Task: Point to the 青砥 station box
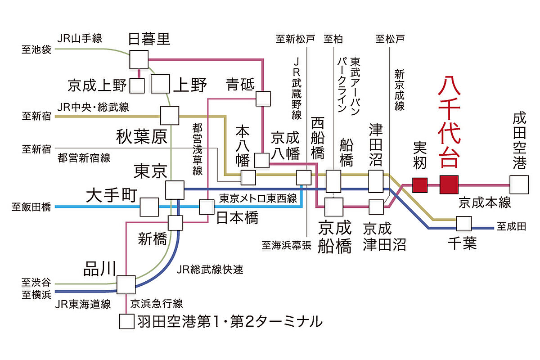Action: pos(263,99)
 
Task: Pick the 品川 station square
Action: pos(126,285)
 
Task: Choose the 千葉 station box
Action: pos(463,224)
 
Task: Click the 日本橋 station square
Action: pos(207,207)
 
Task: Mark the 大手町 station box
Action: pos(149,207)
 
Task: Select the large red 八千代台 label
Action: pos(449,121)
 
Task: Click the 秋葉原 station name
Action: pos(141,137)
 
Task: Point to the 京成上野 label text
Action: pos(96,85)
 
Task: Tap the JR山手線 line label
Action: pos(80,39)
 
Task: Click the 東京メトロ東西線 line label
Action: pos(258,198)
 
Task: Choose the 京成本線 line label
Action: pos(485,202)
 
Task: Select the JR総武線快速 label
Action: pos(210,270)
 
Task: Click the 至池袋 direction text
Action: pos(36,49)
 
